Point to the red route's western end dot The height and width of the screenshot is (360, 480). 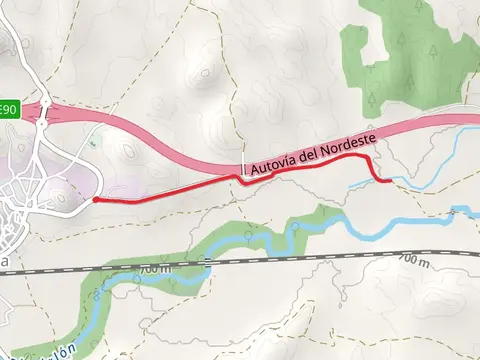(94, 200)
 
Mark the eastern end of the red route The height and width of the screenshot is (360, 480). (390, 181)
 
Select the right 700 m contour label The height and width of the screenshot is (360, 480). (412, 260)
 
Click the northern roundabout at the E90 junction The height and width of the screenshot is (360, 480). (45, 102)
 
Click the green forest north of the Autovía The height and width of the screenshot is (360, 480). (400, 55)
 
